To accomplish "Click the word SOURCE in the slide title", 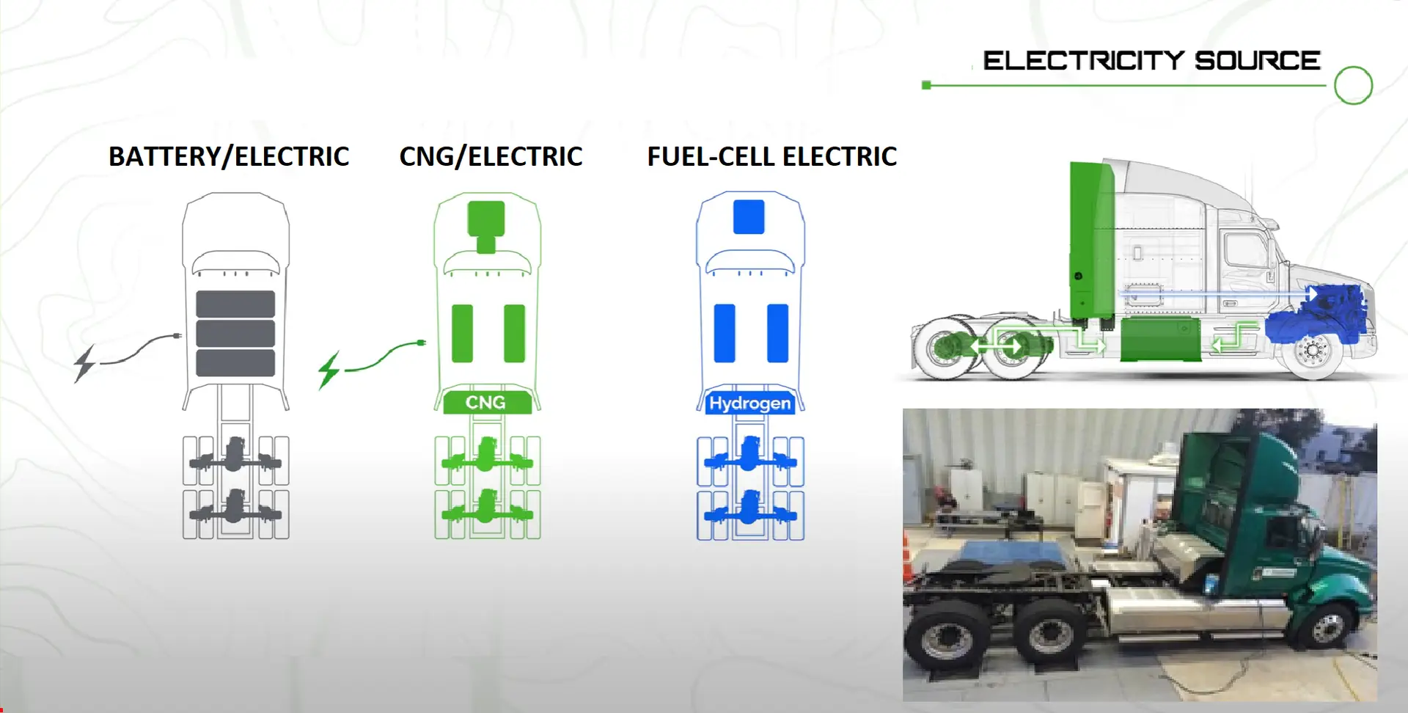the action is tap(1258, 60).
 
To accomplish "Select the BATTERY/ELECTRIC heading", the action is tap(229, 157).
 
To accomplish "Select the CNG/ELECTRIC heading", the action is tap(491, 157).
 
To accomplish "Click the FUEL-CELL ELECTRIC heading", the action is tap(771, 157).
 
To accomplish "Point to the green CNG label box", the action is tap(487, 403).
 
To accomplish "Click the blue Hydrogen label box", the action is tap(749, 403).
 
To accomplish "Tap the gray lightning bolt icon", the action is tap(85, 363).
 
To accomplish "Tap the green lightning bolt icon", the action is tap(329, 370).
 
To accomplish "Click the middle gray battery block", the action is tap(235, 333).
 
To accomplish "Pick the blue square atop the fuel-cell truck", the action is tap(749, 217).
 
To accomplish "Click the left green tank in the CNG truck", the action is tap(462, 334).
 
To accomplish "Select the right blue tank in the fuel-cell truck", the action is tap(777, 334).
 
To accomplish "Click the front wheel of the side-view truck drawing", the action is tap(1313, 351).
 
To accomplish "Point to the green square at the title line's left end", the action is tap(926, 85).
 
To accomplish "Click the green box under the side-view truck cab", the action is tap(1160, 339).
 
